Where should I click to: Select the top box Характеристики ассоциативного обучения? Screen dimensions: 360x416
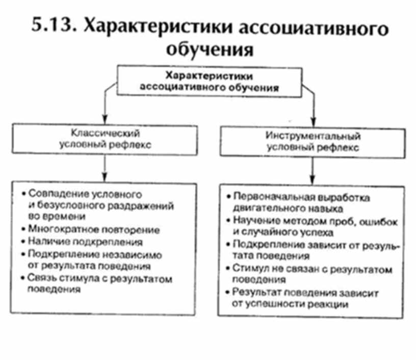tap(209, 81)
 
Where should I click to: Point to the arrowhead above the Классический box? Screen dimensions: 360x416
tap(105, 122)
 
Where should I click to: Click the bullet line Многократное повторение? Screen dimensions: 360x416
tap(94, 229)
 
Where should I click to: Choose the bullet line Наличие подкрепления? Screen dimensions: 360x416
tap(85, 241)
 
